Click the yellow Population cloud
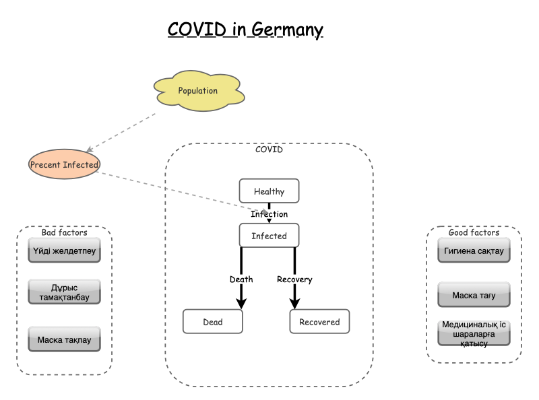[x=197, y=90]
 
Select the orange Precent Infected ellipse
[x=64, y=164]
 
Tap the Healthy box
[x=269, y=191]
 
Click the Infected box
[x=269, y=236]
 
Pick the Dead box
[x=212, y=322]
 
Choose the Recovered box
[x=319, y=322]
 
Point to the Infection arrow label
[x=269, y=214]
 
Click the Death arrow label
[x=241, y=279]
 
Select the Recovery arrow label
[x=294, y=279]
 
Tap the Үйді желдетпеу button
[x=64, y=251]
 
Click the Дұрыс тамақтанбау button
[x=64, y=292]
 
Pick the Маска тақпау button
[x=64, y=340]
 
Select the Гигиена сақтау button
[x=474, y=251]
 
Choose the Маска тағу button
[x=474, y=294]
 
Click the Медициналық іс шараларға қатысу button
[x=474, y=333]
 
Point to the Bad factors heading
[x=64, y=232]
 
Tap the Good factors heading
[x=474, y=232]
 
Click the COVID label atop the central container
[x=269, y=149]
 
